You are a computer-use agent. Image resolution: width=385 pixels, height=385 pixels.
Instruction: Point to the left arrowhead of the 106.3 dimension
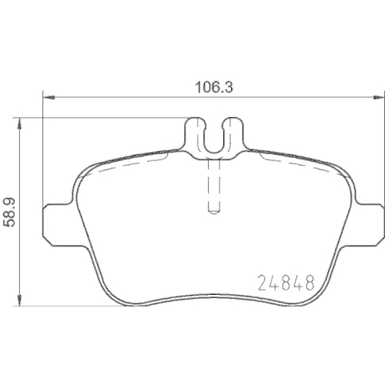(47, 98)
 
